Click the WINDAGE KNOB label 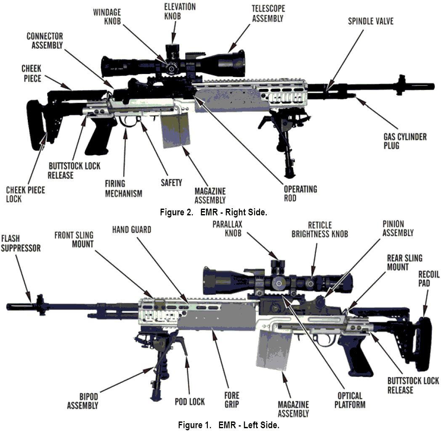tap(107, 16)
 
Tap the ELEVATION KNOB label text tap(180, 11)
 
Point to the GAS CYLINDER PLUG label tap(405, 141)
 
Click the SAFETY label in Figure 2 tap(171, 183)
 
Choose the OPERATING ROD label tap(301, 193)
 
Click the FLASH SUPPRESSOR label tap(21, 243)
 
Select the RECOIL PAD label tap(429, 279)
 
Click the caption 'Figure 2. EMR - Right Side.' tap(213, 212)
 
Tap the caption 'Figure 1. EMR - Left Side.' tap(228, 425)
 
